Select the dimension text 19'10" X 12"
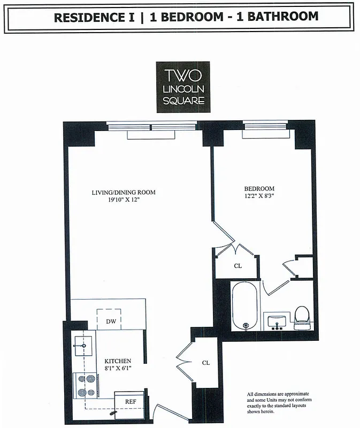(x=124, y=200)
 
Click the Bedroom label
(x=259, y=189)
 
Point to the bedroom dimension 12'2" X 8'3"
(x=259, y=196)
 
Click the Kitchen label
(x=118, y=361)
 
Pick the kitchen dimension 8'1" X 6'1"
(x=118, y=369)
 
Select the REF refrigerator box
(x=130, y=400)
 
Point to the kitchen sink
(x=83, y=345)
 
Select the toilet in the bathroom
(x=302, y=317)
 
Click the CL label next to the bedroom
(x=237, y=266)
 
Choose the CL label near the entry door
(x=206, y=363)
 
